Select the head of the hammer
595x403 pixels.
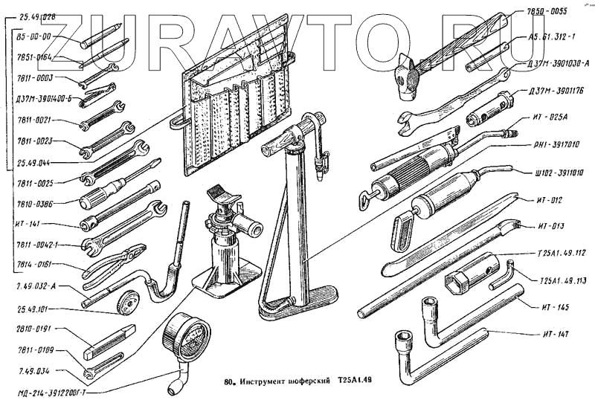(408, 75)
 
